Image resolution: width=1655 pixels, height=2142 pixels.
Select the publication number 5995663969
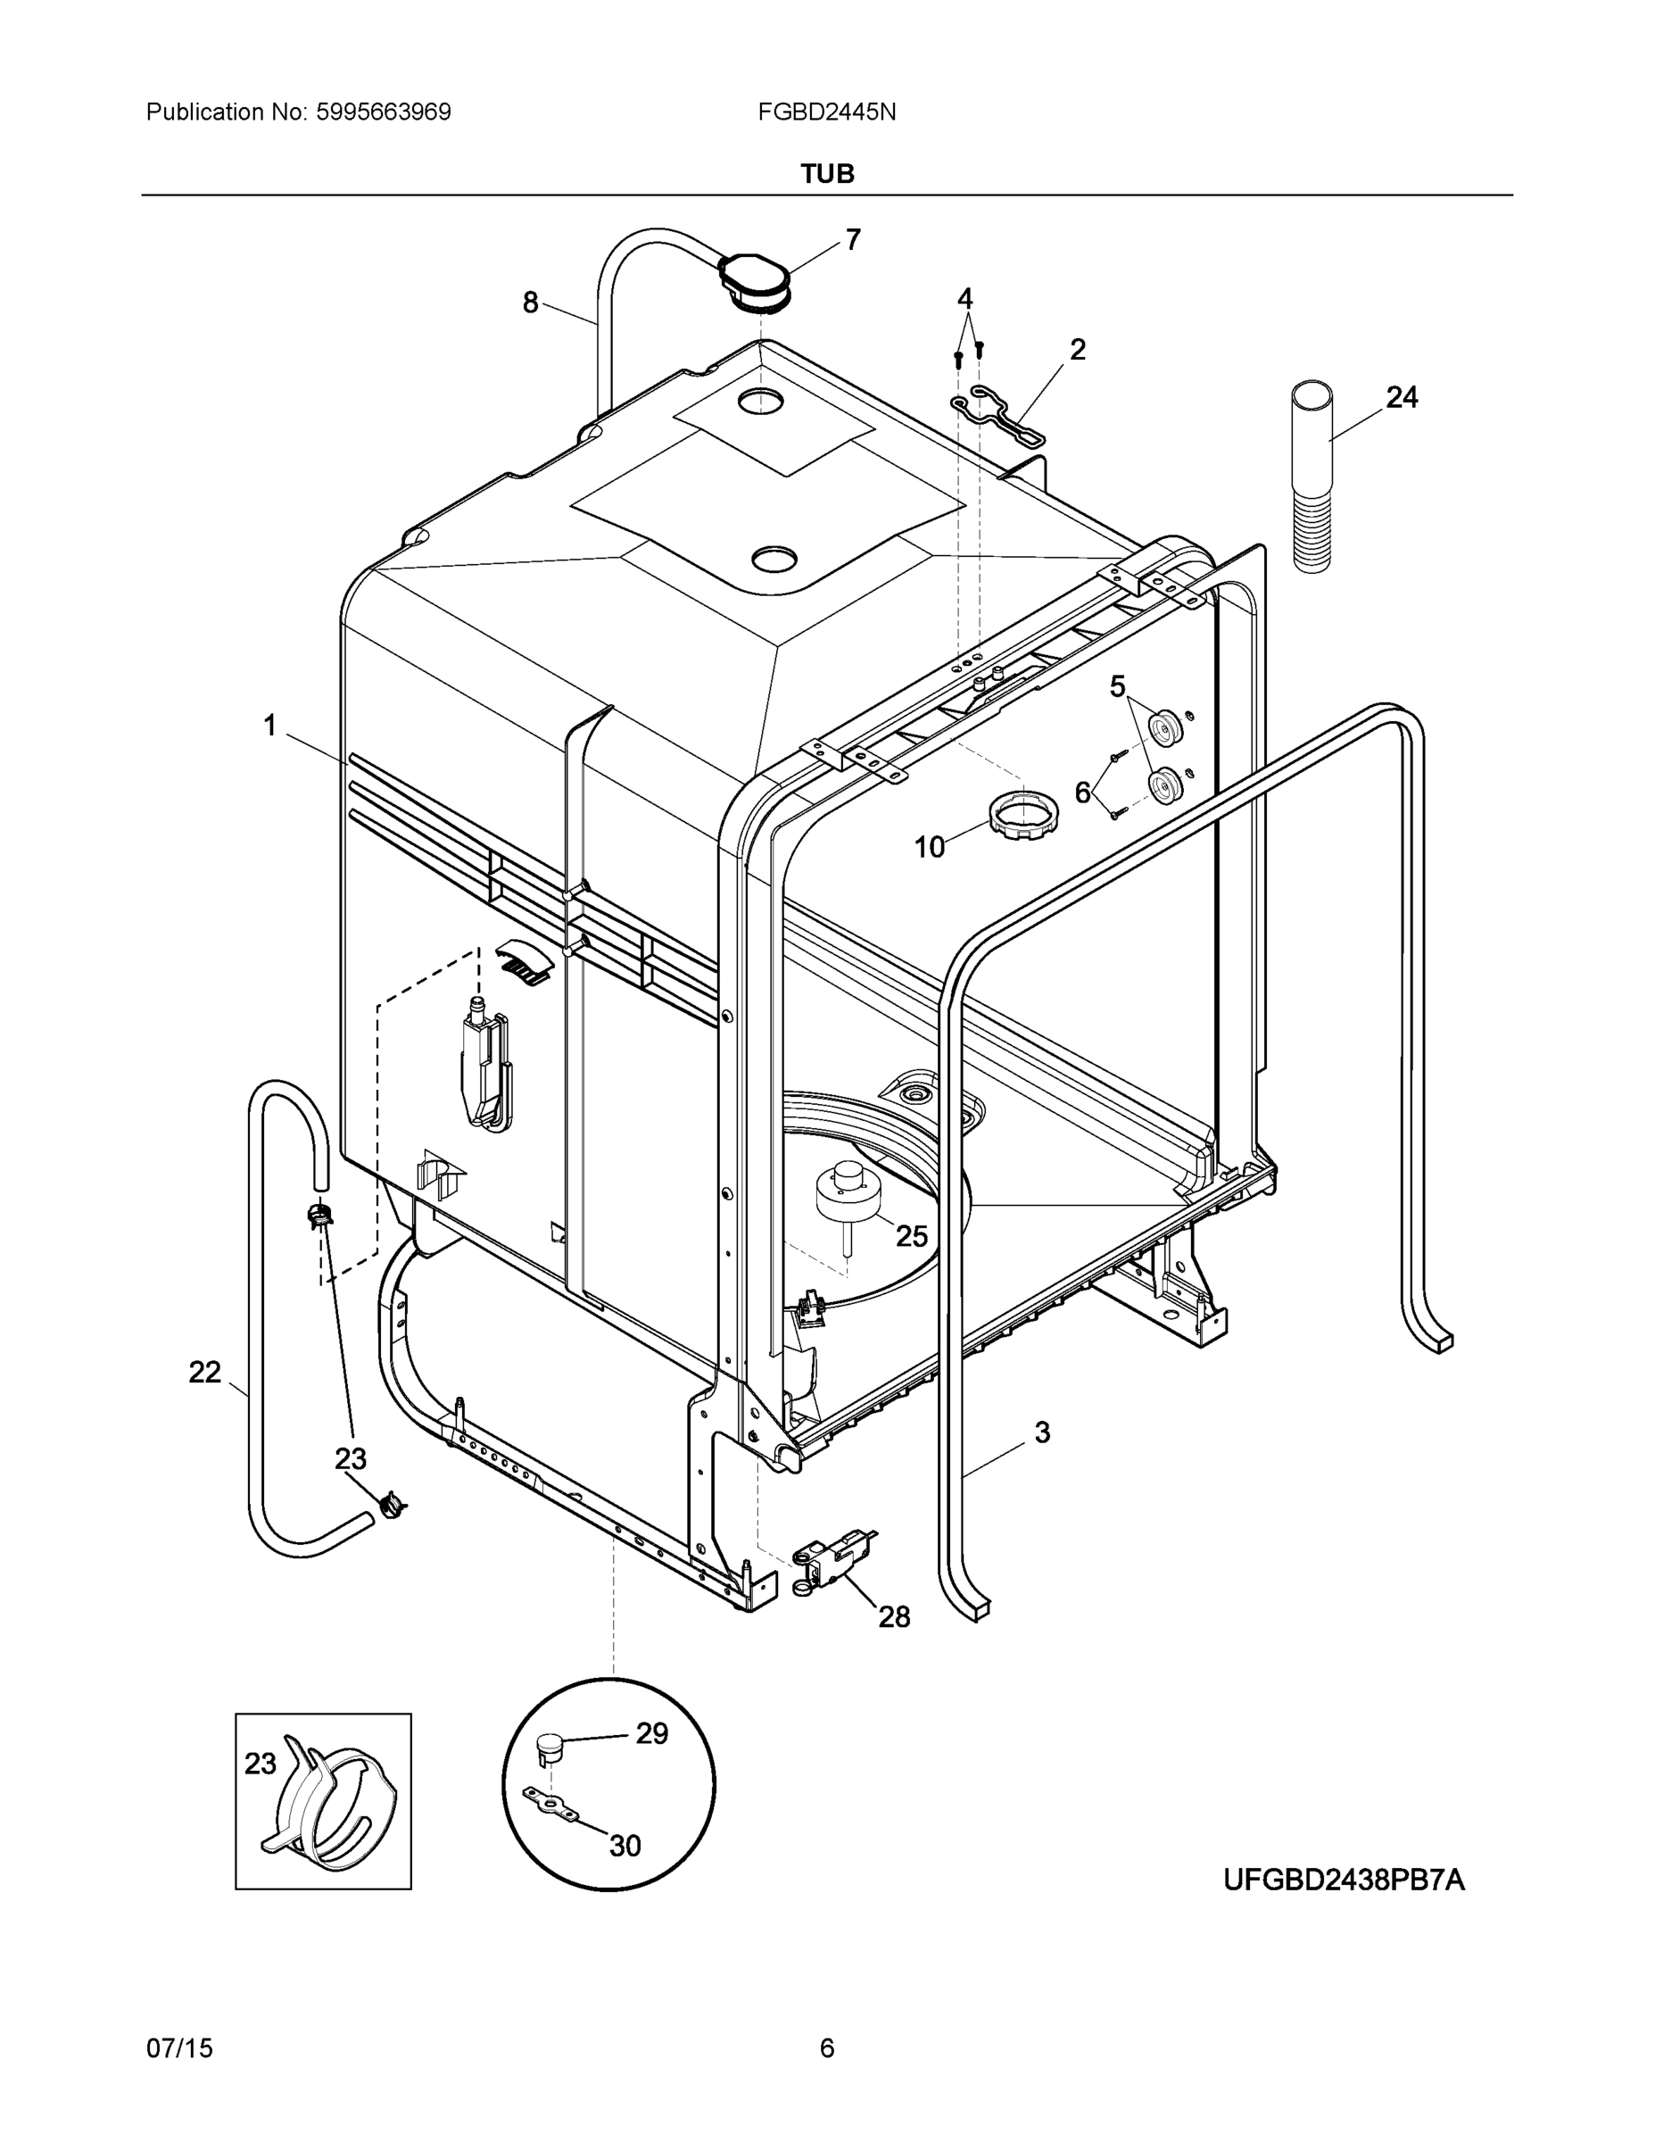tap(384, 112)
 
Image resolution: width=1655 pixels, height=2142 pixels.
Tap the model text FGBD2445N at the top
tap(826, 112)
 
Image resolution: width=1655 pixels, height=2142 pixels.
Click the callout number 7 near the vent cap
tap(853, 239)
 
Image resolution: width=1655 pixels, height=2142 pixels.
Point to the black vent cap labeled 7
tap(753, 278)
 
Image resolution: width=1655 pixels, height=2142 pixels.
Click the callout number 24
tap(1401, 397)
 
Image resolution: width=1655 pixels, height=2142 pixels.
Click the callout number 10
tap(930, 846)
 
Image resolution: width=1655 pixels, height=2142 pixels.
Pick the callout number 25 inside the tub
tap(911, 1237)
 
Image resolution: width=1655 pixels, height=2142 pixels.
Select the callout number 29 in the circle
tap(652, 1733)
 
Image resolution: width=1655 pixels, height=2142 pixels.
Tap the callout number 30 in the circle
tap(625, 1846)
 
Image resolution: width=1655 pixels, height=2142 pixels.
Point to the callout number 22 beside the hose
tap(205, 1372)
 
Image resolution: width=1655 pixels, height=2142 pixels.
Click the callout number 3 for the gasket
tap(1042, 1432)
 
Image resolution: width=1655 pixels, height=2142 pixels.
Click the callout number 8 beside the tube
tap(531, 303)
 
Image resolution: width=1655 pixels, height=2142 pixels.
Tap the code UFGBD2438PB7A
tap(1344, 1880)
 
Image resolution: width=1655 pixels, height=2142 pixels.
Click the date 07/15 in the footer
tap(179, 2048)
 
